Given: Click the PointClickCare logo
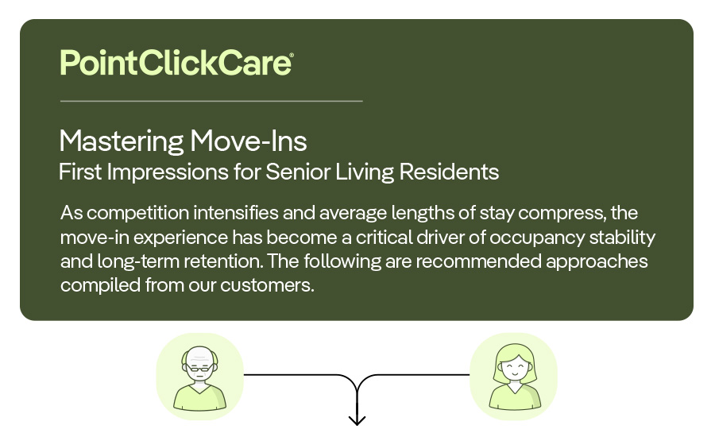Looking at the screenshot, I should pos(176,62).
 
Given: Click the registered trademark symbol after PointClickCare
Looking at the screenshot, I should pos(291,55).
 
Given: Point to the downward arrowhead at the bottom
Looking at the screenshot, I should pos(357,419).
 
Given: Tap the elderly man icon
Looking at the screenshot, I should pos(199,377).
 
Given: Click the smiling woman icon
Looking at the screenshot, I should pos(513,377).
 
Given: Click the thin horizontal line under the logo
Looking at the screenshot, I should pos(211,101).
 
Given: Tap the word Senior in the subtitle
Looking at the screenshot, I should pos(298,172).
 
